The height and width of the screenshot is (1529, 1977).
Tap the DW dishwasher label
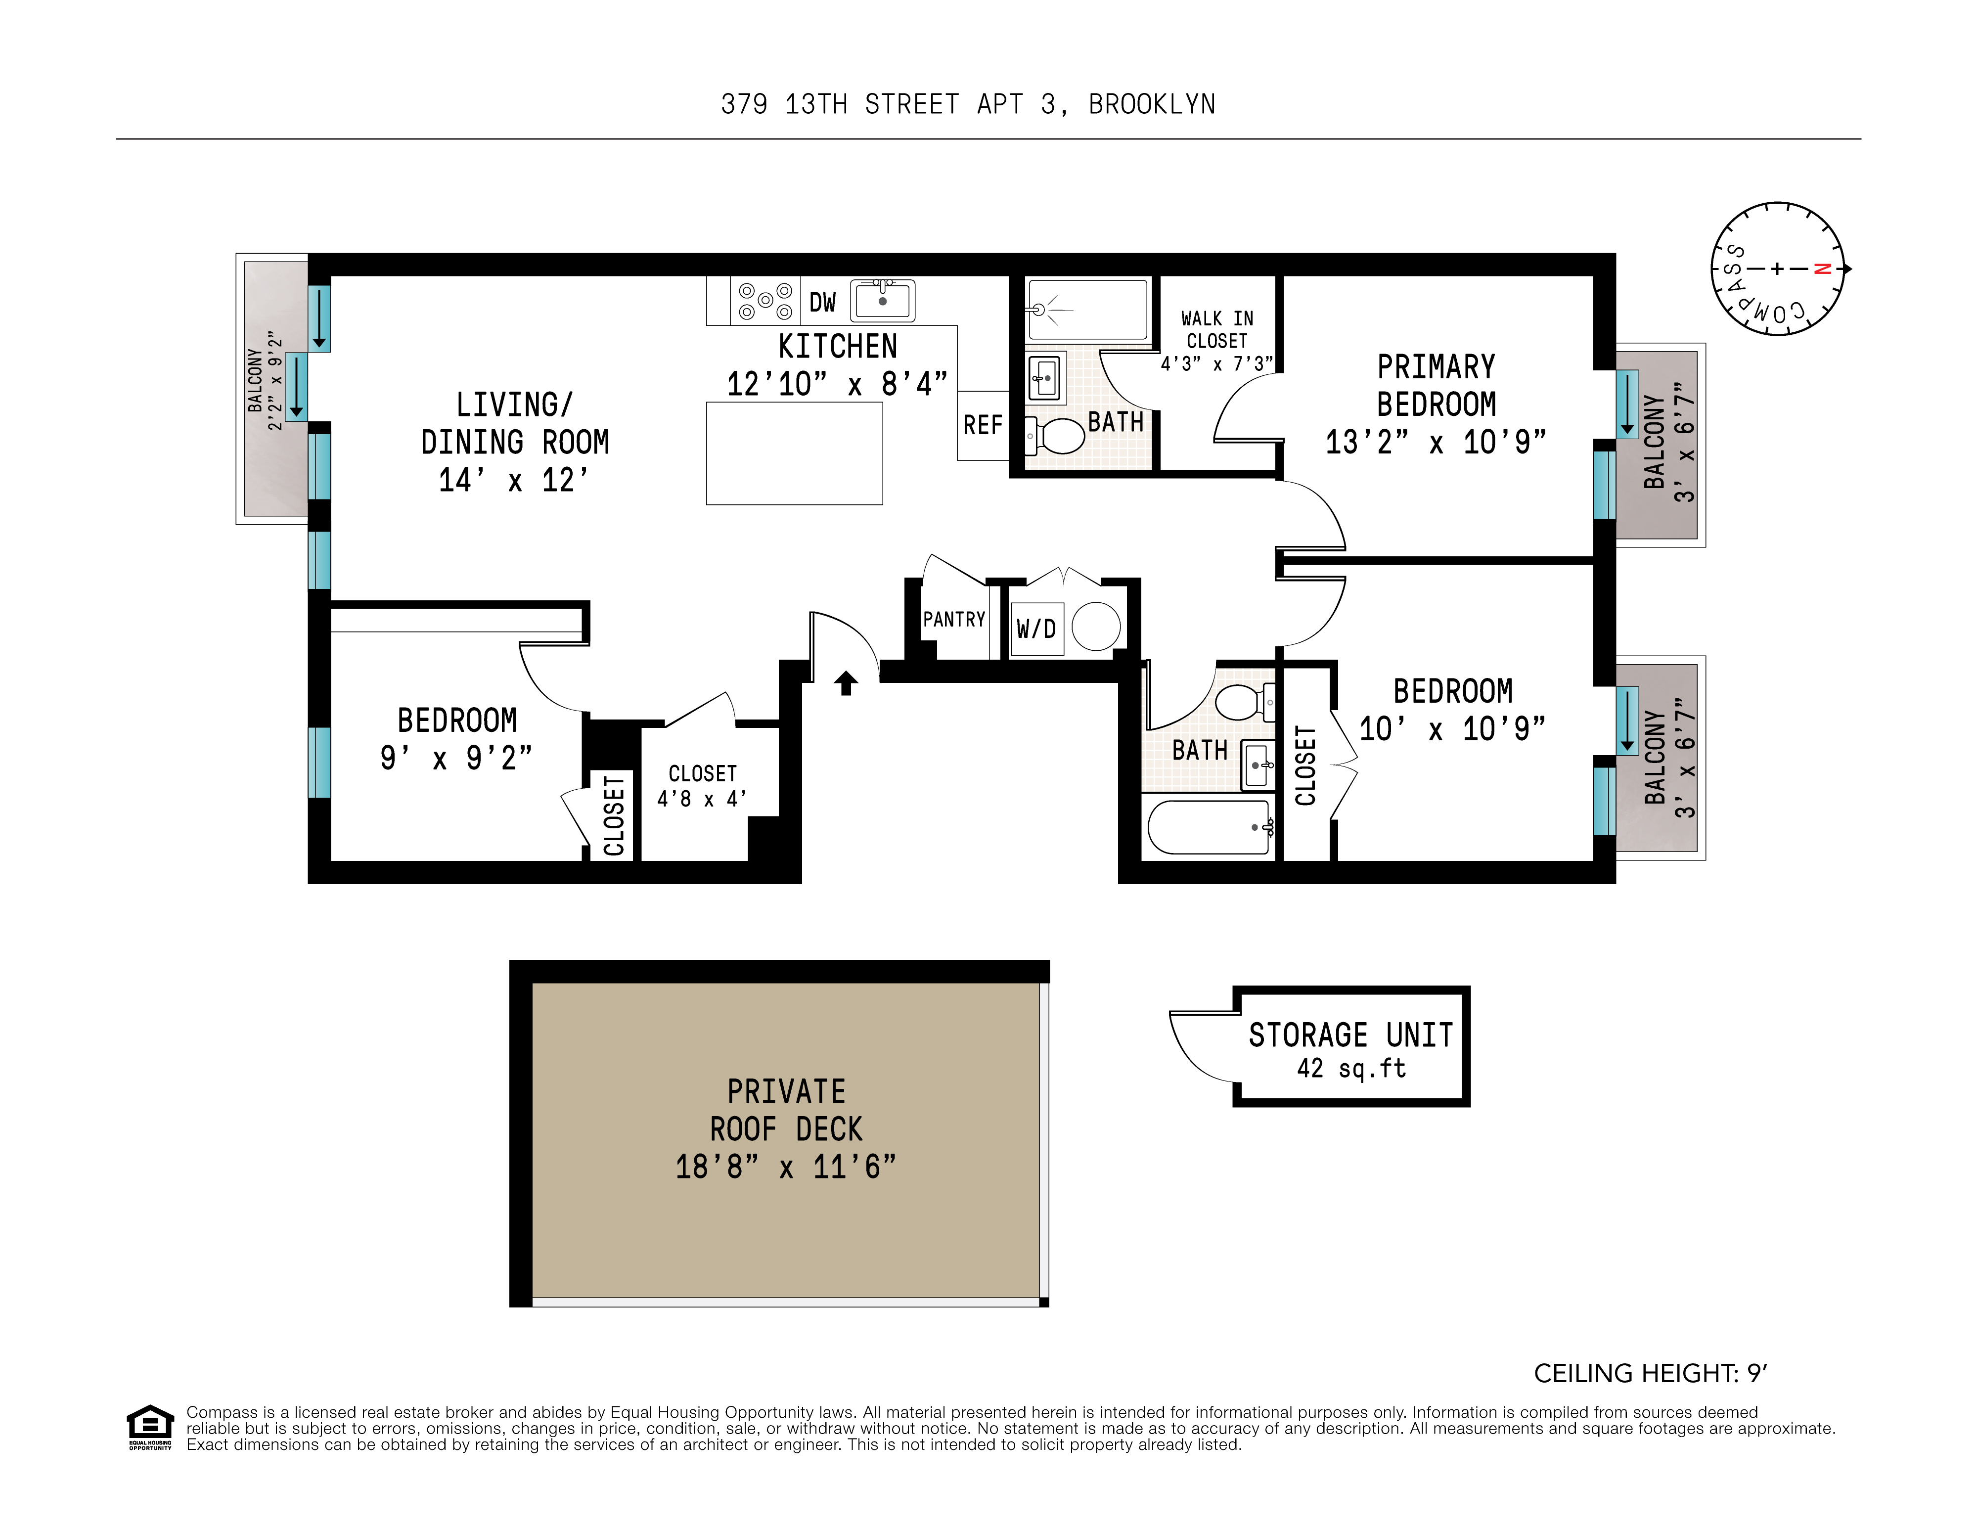[822, 302]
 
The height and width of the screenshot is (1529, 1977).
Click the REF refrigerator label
[982, 425]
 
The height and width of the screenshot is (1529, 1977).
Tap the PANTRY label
[953, 619]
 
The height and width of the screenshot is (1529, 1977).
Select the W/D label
[1035, 628]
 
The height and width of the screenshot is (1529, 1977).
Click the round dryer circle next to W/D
[1096, 626]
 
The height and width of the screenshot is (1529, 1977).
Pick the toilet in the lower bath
[1243, 702]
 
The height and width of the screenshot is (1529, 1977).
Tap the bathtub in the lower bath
[1209, 826]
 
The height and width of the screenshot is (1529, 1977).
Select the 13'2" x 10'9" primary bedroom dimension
[1436, 442]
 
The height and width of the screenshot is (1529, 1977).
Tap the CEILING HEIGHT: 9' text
[1649, 1373]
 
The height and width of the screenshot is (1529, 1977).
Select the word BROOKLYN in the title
[1152, 105]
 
